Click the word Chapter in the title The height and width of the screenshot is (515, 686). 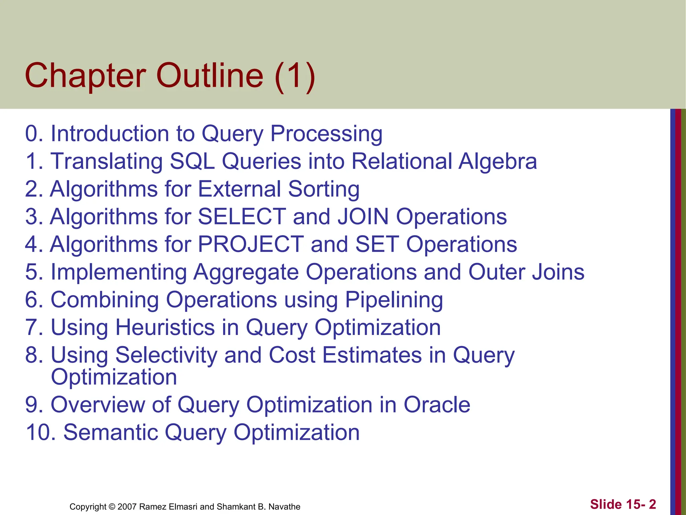click(x=85, y=76)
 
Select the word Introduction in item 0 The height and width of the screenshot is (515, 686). click(x=110, y=134)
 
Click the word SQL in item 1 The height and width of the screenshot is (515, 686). click(x=192, y=161)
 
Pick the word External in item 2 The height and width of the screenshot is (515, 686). click(x=239, y=189)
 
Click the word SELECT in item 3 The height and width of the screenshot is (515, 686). click(x=242, y=217)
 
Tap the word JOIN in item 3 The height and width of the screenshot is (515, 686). click(x=363, y=217)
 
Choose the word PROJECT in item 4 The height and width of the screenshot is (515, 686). click(x=251, y=244)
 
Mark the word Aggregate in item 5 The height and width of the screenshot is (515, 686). click(x=246, y=272)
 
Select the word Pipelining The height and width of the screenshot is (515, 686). click(x=394, y=300)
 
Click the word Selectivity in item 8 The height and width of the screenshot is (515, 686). click(x=166, y=355)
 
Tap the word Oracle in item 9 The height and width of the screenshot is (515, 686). click(x=437, y=405)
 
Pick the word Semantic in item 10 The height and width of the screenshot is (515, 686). click(x=111, y=433)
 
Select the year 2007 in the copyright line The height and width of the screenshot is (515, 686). click(x=127, y=507)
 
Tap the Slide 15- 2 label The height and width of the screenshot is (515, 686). click(x=623, y=504)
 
